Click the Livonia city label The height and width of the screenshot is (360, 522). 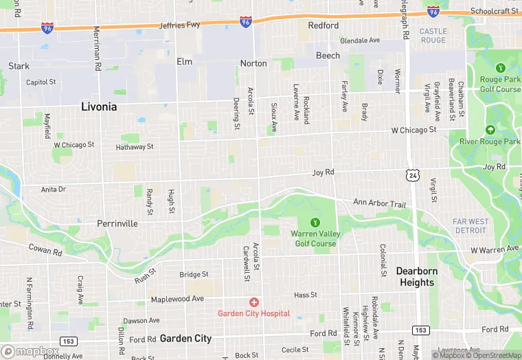[x=99, y=107]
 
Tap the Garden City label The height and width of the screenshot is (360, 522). [x=185, y=338]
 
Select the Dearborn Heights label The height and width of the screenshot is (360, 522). [x=416, y=276]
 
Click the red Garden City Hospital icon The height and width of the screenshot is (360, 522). [x=254, y=302]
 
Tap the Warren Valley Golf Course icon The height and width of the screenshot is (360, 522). [x=315, y=222]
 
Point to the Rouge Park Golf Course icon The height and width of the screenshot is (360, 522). [x=500, y=68]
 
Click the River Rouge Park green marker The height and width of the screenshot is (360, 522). [x=490, y=130]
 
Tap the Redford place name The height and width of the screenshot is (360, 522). [x=323, y=25]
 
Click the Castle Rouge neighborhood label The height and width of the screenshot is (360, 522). [x=433, y=36]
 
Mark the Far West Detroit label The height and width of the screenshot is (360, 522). [x=471, y=225]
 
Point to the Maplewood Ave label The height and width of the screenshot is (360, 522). [x=178, y=299]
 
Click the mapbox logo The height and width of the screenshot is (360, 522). [x=30, y=351]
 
